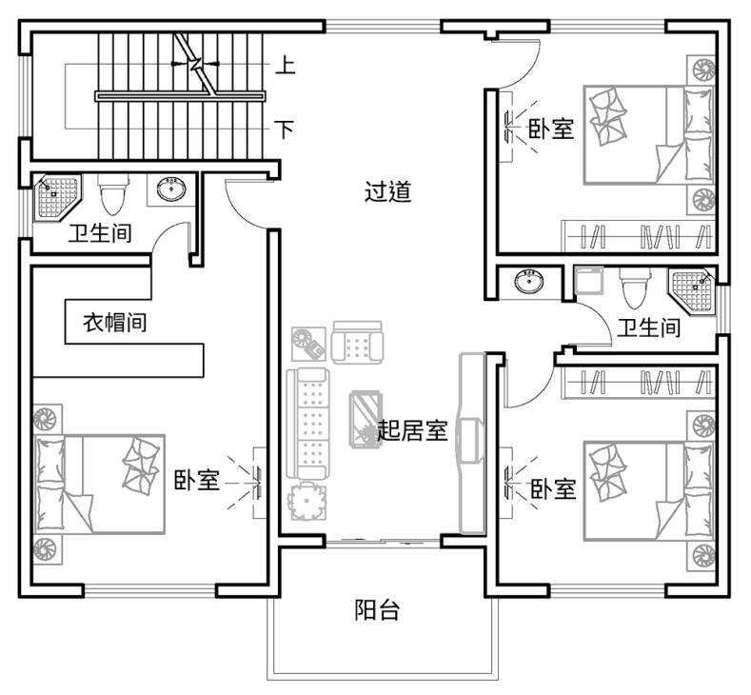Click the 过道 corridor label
388,191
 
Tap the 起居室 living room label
412,430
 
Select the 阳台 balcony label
377,609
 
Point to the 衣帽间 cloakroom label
115,323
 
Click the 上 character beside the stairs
286,65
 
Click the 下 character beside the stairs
285,129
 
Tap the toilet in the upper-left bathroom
113,194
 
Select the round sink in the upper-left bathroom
171,189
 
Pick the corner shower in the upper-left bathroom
56,197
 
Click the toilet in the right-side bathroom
635,288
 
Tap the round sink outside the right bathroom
529,281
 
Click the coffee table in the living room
366,419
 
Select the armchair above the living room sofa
357,342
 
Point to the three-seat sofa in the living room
308,423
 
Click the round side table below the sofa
307,502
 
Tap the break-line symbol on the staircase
197,64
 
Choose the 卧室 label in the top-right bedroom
551,129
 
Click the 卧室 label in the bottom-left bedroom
196,480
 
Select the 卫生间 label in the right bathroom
648,328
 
